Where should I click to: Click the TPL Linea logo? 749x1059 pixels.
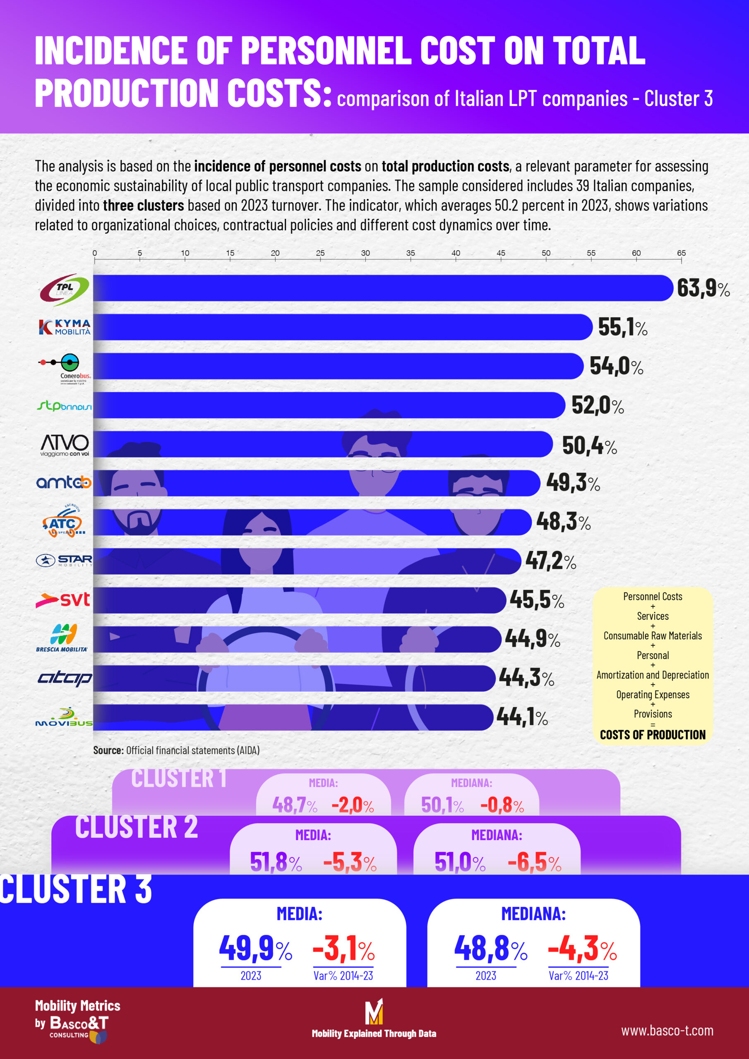coord(65,289)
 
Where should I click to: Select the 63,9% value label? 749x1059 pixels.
coord(702,288)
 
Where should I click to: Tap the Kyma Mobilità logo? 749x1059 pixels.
coord(65,327)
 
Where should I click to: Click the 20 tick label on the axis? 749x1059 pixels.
coord(275,253)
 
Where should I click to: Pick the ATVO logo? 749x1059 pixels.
coord(65,444)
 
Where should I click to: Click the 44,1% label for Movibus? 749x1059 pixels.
coord(522,717)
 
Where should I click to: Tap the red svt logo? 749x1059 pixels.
coord(63,599)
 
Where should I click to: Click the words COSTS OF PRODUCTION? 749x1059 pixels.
coord(652,734)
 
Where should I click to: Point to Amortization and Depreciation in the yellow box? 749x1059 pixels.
coord(652,675)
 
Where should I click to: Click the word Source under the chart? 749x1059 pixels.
coord(108,750)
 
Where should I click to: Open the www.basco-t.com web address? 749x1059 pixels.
coord(667,1030)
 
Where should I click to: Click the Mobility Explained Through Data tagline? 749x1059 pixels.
coord(374,1034)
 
